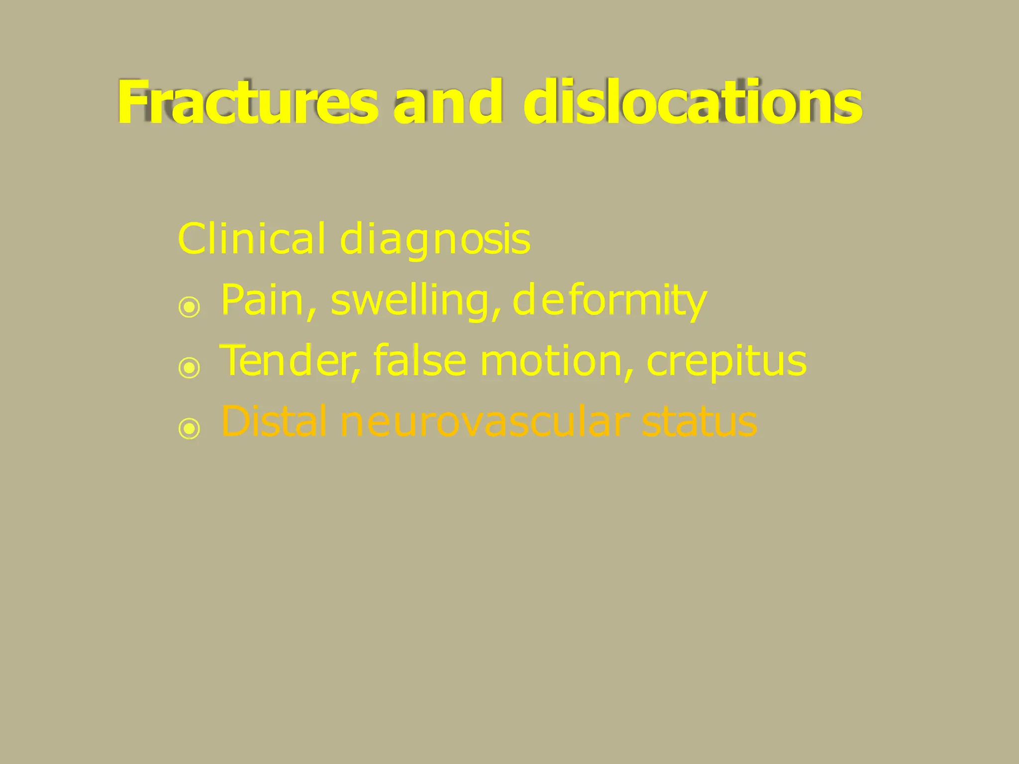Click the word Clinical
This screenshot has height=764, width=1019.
pos(252,239)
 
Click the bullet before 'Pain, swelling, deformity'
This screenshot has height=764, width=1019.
pos(189,307)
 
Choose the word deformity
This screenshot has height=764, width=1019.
pos(609,301)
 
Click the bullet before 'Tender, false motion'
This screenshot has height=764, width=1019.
pos(189,368)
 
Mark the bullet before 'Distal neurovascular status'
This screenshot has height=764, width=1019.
pos(189,428)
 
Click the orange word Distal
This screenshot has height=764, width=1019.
pos(274,421)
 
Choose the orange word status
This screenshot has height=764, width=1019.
pos(699,422)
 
